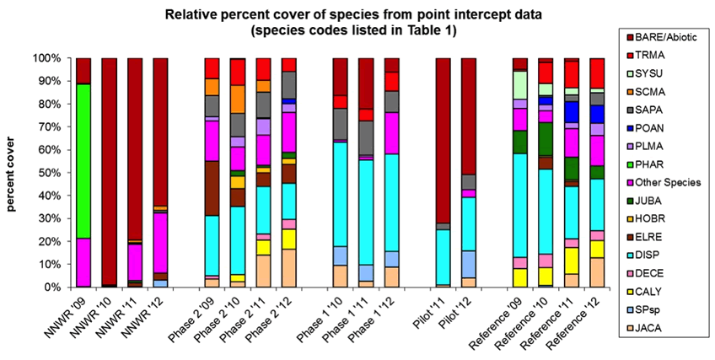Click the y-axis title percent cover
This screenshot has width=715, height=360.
coord(14,173)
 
